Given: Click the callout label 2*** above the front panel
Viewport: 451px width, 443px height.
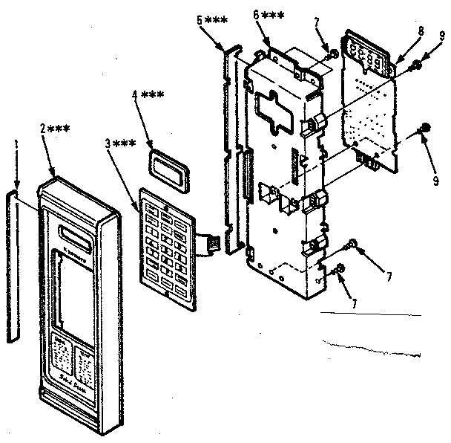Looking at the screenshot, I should coord(55,128).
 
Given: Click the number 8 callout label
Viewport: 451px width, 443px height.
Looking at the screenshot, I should coord(421,31).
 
